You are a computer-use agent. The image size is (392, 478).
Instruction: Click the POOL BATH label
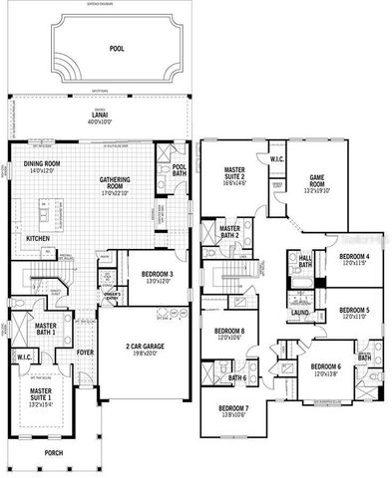point(180,169)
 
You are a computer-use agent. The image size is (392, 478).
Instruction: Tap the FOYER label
point(86,351)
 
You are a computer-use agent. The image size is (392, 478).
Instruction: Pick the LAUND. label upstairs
point(299,314)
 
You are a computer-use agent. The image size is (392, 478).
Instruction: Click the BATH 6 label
point(237,377)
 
